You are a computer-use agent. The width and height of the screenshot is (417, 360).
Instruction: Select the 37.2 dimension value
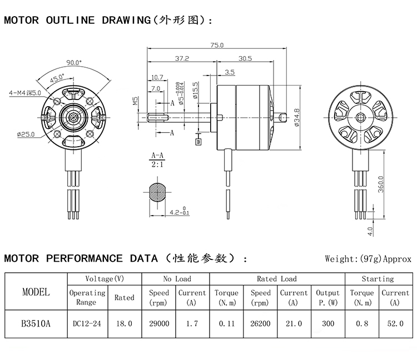[182, 58]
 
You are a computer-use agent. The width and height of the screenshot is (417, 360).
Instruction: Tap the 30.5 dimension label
[245, 58]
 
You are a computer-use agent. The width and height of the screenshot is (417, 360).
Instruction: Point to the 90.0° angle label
[74, 62]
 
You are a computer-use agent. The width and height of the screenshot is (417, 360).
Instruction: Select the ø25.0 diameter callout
[26, 134]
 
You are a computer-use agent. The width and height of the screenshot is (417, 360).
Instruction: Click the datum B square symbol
[198, 142]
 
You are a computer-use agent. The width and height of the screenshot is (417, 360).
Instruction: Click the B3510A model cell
[36, 323]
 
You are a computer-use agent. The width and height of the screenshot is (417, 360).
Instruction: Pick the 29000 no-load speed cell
[159, 323]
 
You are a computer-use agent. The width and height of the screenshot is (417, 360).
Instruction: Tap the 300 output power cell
[327, 323]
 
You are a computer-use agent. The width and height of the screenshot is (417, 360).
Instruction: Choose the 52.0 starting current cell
[395, 323]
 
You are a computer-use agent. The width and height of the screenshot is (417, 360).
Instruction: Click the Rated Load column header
[277, 279]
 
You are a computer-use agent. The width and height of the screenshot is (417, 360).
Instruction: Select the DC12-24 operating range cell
[87, 323]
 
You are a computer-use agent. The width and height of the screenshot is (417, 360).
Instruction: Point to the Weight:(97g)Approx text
[368, 259]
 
